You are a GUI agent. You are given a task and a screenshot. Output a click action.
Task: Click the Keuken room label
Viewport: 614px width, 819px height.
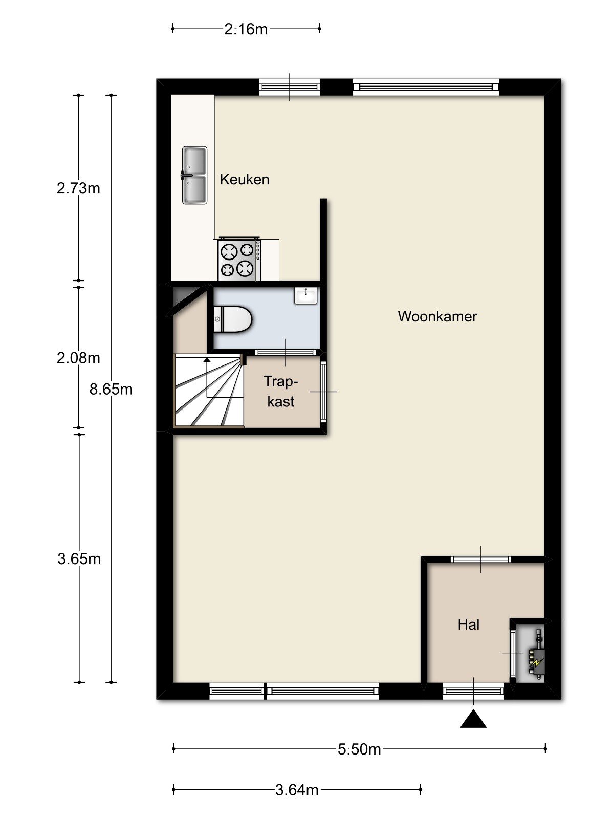(244, 180)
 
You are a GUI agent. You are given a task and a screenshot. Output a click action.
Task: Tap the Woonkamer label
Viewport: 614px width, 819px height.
(437, 316)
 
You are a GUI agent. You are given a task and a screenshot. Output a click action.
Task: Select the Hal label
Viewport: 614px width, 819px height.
(469, 624)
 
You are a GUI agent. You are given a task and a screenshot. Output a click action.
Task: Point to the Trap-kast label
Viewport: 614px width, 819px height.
(281, 392)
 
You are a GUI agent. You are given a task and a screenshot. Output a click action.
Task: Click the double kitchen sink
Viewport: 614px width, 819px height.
(194, 176)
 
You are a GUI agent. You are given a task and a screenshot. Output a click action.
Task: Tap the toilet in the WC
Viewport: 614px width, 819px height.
(233, 319)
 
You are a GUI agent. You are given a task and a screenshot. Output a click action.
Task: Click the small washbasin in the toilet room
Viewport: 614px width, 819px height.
(306, 295)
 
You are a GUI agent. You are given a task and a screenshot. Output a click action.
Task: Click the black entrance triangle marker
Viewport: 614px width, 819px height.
(473, 719)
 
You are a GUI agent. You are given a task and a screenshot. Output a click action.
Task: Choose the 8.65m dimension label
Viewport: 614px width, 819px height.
(111, 390)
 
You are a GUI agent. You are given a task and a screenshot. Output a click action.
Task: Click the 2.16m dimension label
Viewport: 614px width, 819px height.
(246, 29)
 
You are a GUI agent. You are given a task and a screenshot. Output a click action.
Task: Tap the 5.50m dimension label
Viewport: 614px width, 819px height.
(359, 749)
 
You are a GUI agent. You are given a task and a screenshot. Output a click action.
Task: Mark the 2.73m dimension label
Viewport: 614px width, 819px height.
(78, 188)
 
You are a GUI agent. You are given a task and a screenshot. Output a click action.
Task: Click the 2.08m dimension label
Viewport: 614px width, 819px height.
(78, 358)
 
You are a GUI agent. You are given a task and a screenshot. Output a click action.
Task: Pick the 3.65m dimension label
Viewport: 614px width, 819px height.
(79, 559)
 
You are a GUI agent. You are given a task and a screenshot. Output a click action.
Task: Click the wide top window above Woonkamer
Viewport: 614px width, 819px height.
(426, 88)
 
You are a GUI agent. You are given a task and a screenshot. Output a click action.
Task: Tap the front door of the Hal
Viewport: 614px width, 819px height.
(473, 692)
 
